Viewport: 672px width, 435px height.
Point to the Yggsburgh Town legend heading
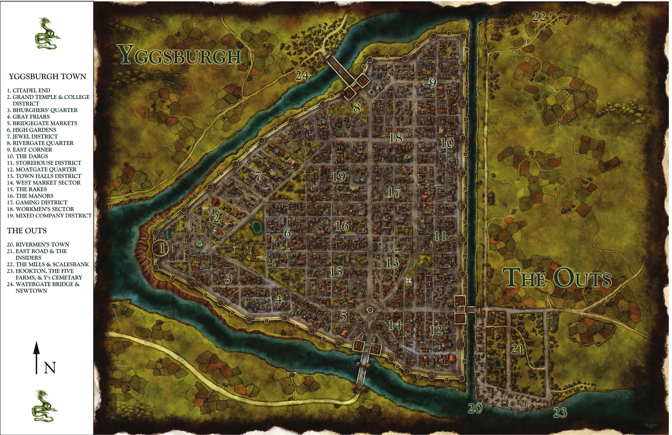[x=47, y=77]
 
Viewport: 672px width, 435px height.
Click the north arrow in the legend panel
[x=36, y=357]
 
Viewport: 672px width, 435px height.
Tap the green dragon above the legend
[x=47, y=33]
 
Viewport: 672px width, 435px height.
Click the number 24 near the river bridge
[x=302, y=76]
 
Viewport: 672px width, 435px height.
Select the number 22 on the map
[x=539, y=18]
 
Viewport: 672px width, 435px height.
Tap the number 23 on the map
[x=560, y=412]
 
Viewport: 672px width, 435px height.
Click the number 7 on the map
[x=258, y=176]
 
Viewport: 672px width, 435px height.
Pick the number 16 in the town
[x=342, y=226]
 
